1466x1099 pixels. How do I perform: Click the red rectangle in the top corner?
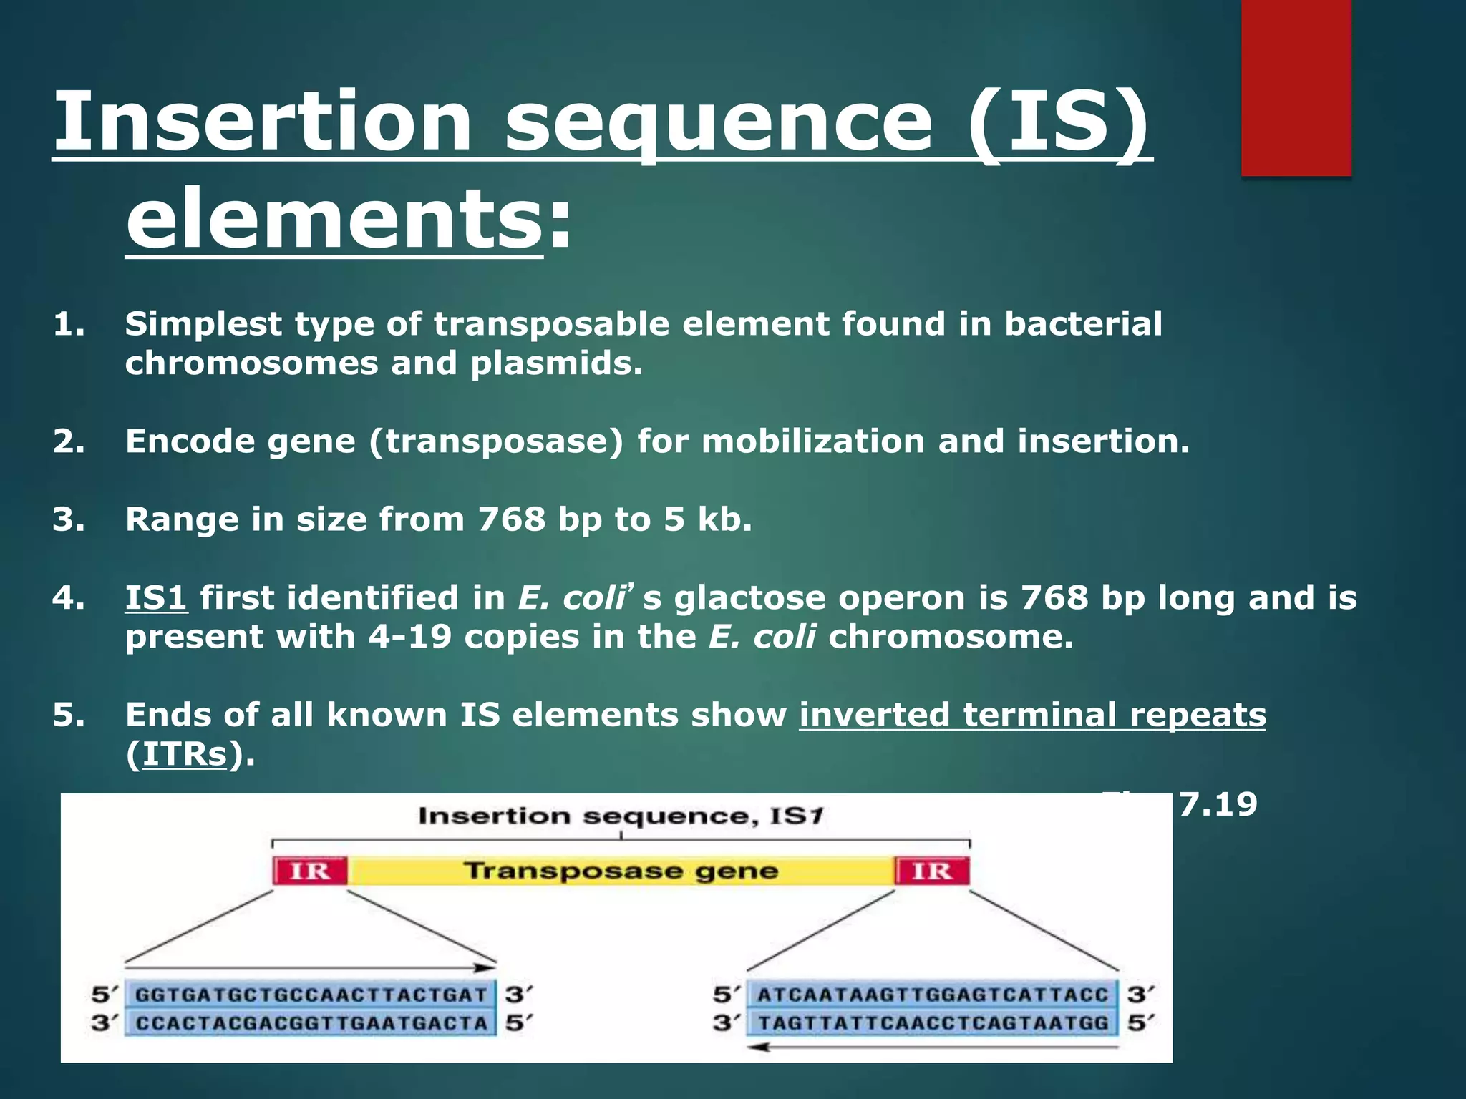pos(1296,87)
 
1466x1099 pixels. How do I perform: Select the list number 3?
pos(68,519)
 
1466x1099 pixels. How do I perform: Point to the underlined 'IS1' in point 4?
pos(156,598)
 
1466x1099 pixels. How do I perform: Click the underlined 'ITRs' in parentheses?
pos(185,754)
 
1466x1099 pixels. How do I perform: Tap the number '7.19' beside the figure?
pos(1218,804)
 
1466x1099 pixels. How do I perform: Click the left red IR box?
pos(310,871)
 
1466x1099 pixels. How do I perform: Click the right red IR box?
pos(932,871)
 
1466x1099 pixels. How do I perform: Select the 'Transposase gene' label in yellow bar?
pos(621,871)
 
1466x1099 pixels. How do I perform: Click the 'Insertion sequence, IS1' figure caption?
pos(621,816)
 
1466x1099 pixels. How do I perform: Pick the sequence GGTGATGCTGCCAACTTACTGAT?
pos(311,995)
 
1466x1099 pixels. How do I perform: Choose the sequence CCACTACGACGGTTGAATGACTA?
pos(311,1023)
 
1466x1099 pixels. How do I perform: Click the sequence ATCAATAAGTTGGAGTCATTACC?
pos(933,995)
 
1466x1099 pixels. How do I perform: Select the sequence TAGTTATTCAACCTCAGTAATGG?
pos(933,1023)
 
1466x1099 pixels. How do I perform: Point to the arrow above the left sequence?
pos(311,968)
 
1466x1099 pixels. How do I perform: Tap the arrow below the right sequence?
pos(933,1047)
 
